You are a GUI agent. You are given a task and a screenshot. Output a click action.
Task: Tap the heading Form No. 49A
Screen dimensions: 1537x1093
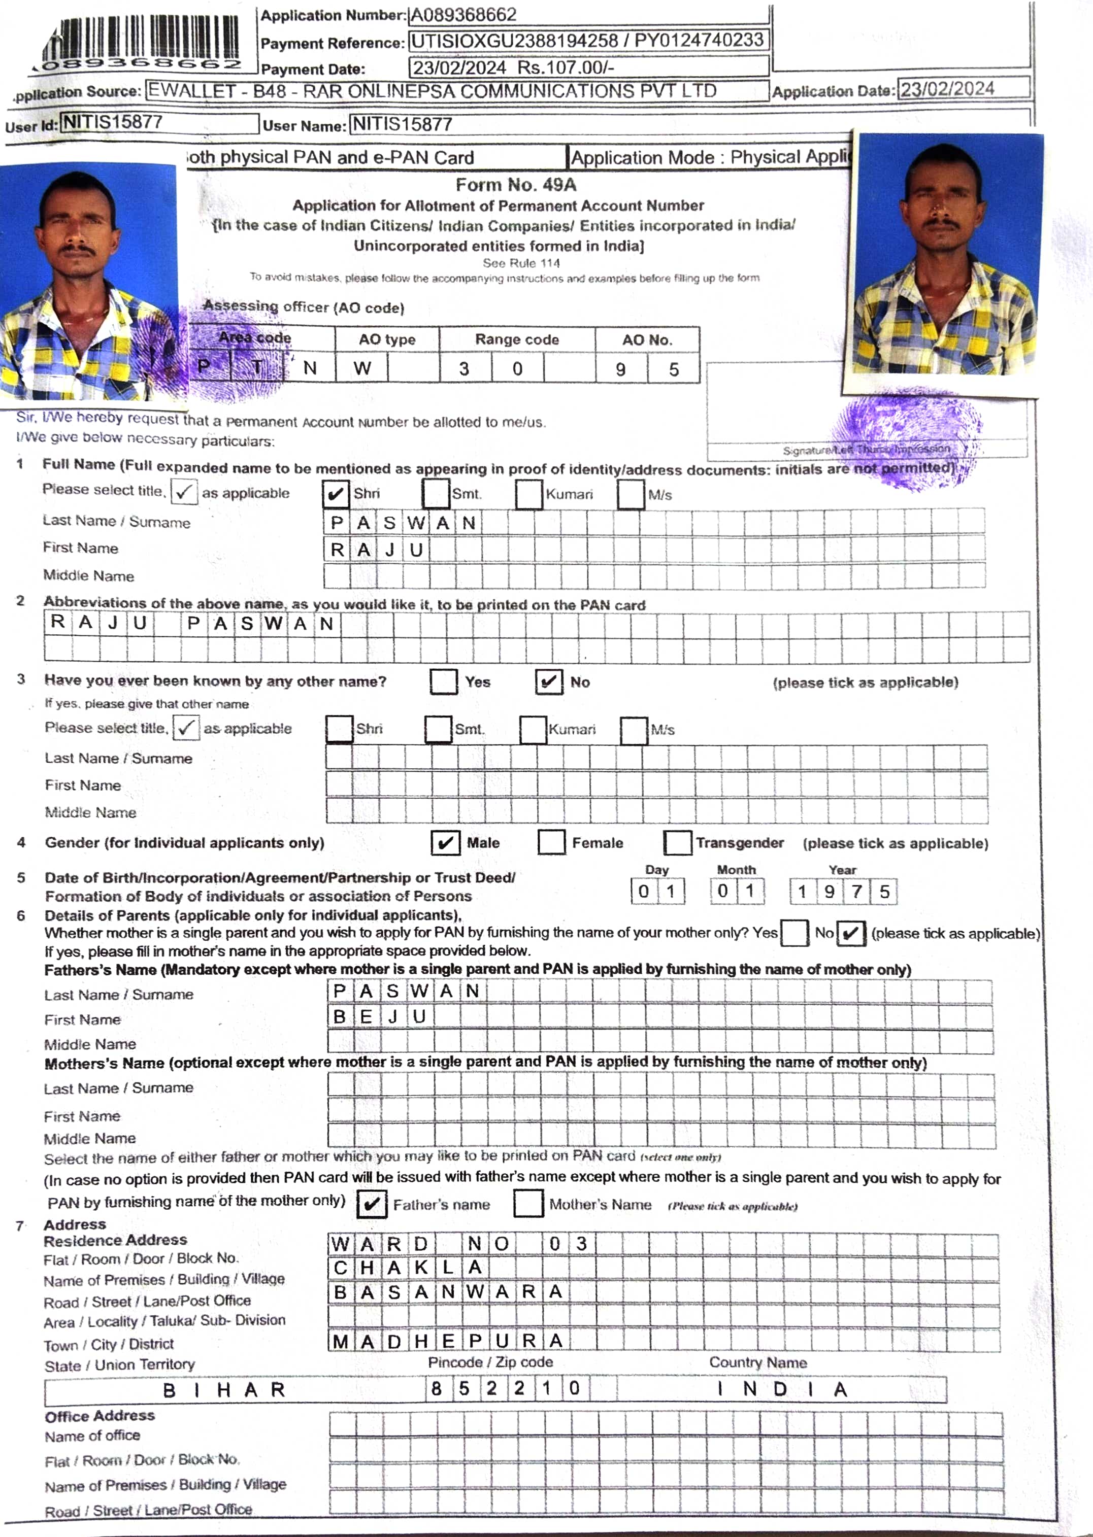click(516, 185)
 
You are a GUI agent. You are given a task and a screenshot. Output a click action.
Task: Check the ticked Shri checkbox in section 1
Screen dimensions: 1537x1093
click(335, 494)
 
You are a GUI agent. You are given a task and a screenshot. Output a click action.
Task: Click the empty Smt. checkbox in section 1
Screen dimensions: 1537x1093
click(436, 494)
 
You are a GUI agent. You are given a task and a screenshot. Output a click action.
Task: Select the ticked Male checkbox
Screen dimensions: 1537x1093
click(445, 843)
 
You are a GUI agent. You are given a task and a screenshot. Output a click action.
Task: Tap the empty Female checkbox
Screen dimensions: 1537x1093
click(551, 842)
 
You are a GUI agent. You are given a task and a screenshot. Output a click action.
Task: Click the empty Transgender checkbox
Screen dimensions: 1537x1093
click(677, 842)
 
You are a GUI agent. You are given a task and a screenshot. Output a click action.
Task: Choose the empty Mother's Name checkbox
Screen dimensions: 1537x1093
click(528, 1204)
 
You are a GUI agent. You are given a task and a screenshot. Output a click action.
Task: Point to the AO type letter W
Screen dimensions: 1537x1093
click(362, 368)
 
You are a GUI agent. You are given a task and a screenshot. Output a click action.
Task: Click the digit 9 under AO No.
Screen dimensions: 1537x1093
click(620, 369)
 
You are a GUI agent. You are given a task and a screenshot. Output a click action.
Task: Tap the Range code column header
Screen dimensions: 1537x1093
click(517, 339)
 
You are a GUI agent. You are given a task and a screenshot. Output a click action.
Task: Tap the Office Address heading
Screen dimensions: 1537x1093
click(100, 1416)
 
